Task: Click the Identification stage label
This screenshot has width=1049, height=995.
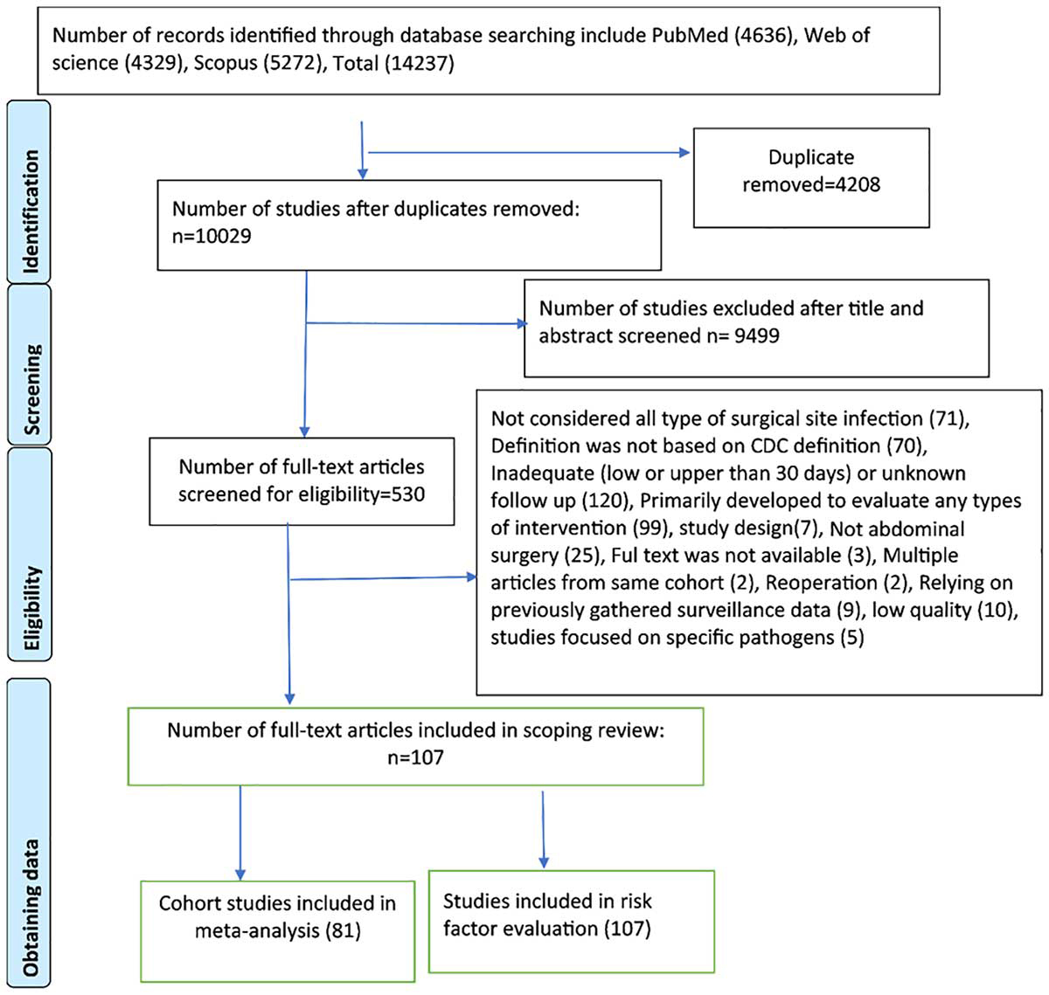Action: tap(31, 211)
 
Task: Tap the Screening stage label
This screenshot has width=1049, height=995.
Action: tap(31, 390)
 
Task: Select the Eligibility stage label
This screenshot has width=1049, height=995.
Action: tap(31, 608)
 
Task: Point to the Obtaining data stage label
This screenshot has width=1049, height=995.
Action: tap(31, 908)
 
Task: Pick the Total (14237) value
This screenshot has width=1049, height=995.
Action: tap(393, 63)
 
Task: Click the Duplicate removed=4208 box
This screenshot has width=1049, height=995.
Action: tap(811, 177)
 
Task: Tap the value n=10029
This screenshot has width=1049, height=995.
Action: tap(212, 236)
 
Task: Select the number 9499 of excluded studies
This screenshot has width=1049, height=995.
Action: tap(756, 335)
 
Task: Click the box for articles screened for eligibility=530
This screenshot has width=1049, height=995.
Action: tap(302, 481)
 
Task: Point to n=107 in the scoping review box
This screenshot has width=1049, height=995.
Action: tap(415, 757)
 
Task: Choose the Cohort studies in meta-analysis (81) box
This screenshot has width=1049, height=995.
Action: tap(277, 931)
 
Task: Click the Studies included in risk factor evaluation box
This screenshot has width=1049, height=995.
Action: tap(571, 922)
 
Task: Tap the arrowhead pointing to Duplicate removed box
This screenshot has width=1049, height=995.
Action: tap(684, 153)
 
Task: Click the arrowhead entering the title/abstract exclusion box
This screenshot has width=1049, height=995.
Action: tap(522, 324)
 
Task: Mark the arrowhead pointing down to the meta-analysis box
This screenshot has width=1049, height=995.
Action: tap(240, 874)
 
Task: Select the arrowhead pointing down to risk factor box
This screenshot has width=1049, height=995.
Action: tap(544, 861)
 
